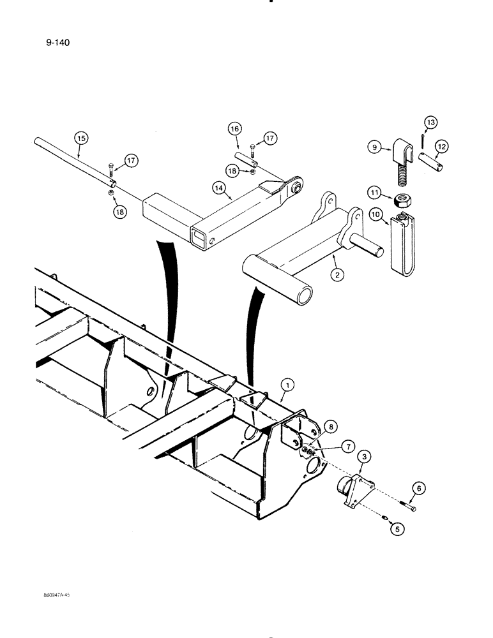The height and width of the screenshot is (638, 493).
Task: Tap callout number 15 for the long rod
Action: click(80, 137)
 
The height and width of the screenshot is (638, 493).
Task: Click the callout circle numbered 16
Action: click(234, 129)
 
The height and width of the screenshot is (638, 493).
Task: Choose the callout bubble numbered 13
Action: click(429, 122)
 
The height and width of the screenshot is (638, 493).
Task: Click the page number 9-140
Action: click(58, 43)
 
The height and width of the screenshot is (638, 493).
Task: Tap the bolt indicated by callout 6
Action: click(407, 507)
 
